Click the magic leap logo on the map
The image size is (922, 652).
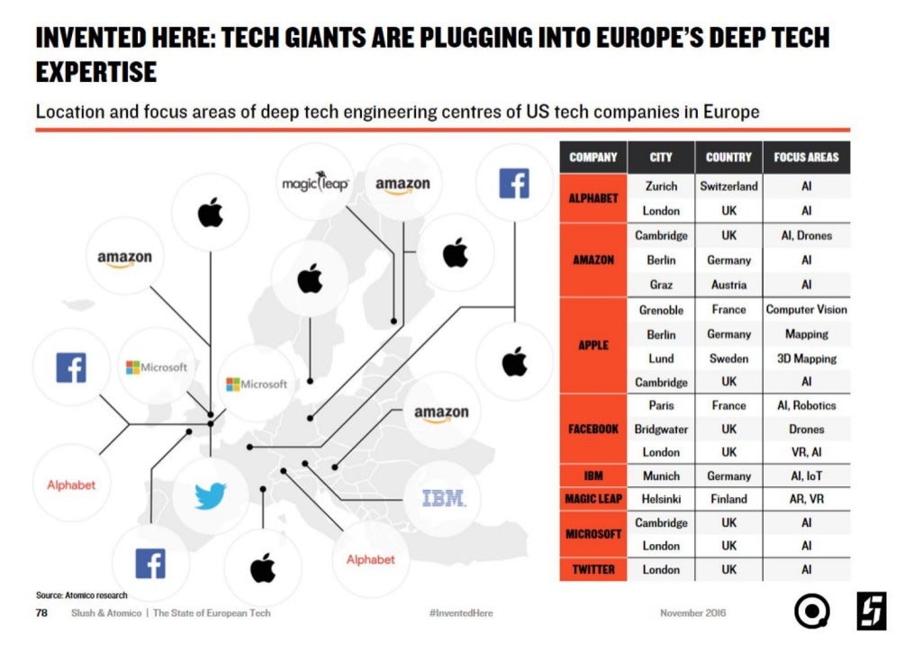pos(315,182)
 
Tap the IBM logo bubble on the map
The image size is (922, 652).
pos(444,499)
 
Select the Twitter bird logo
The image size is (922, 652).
pos(211,495)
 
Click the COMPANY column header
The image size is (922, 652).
pos(592,158)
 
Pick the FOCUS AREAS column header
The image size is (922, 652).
pos(806,158)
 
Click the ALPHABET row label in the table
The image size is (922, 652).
pos(592,198)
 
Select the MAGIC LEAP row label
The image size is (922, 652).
pos(592,499)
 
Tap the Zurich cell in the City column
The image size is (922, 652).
pos(661,186)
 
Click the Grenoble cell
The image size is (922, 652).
pos(661,310)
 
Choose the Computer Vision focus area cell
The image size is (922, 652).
pos(806,309)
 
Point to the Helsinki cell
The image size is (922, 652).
pos(661,499)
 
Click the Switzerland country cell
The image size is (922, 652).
pos(728,186)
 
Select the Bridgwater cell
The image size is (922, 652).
pos(661,430)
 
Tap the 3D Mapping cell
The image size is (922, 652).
pos(806,358)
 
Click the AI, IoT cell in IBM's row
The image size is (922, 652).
pos(806,475)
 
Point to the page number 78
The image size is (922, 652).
pos(41,612)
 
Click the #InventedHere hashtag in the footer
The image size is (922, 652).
pos(461,612)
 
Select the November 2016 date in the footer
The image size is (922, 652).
pos(692,612)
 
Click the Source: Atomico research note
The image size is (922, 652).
pos(81,595)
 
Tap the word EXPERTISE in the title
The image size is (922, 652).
pos(96,72)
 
